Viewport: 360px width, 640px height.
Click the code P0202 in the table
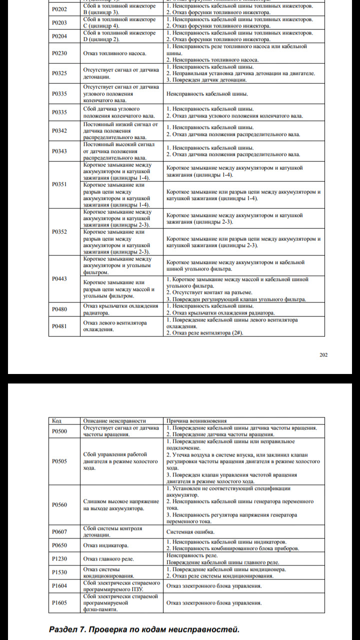coord(59,9)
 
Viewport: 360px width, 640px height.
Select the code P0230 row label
coord(59,53)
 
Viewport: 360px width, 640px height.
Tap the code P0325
coord(59,73)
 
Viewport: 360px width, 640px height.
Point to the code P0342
coord(59,130)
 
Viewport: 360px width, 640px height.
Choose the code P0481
coord(59,326)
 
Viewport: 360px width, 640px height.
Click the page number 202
coord(323,355)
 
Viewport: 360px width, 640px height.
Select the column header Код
coord(56,421)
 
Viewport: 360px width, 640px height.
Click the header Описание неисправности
coord(114,421)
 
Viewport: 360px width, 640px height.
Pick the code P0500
coord(59,431)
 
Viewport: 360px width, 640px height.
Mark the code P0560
coord(59,505)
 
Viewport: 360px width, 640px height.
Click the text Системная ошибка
coord(190,531)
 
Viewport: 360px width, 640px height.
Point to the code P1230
coord(59,558)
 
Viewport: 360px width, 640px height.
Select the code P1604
coord(59,586)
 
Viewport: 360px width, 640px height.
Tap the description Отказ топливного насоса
coord(114,53)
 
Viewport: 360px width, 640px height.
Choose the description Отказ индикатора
coord(105,545)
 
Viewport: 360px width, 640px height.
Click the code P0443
coord(59,279)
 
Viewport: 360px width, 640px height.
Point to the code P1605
coord(59,603)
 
